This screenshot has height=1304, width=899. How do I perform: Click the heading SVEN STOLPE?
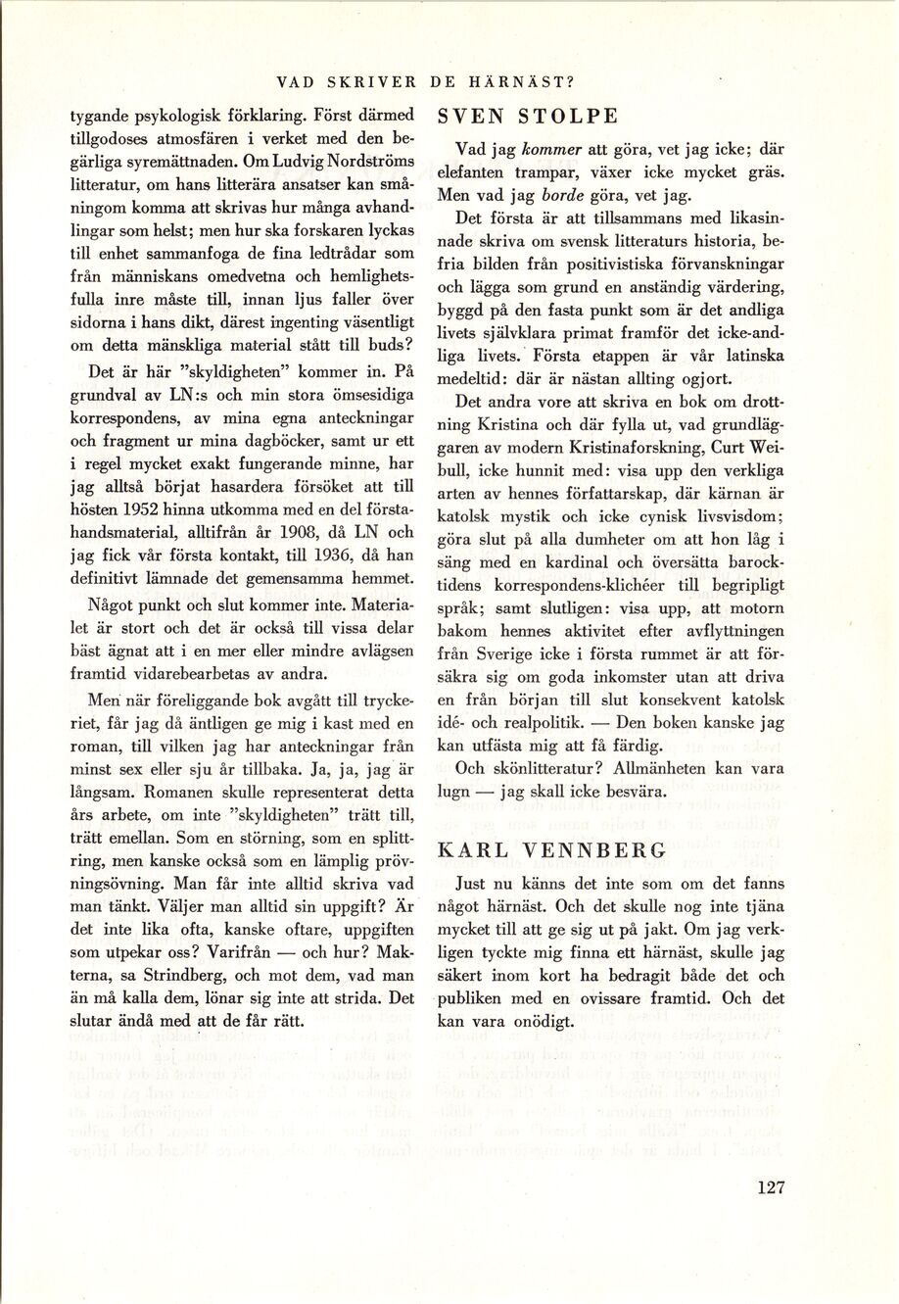pyautogui.click(x=527, y=117)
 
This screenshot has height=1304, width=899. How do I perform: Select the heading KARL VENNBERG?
pyautogui.click(x=553, y=850)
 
